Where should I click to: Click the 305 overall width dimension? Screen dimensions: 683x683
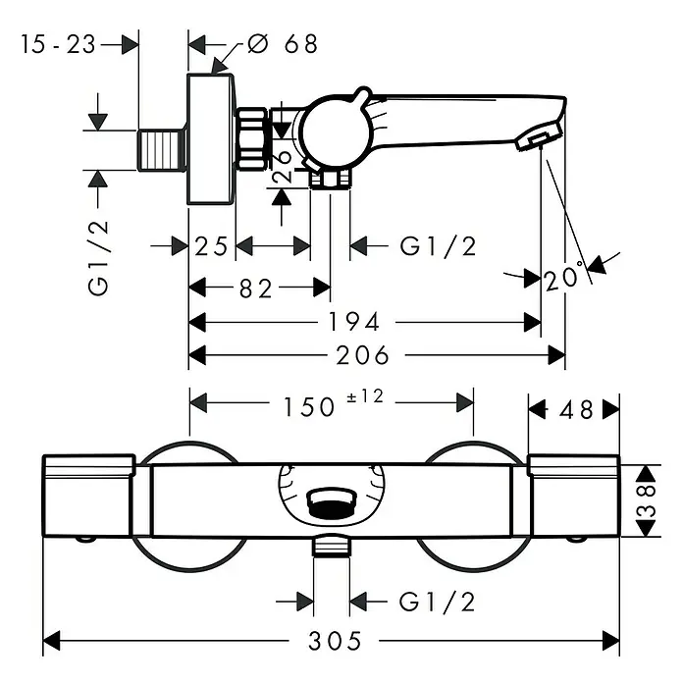coord(335,641)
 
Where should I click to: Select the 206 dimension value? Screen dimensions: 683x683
coord(362,355)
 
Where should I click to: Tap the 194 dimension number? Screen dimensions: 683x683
coord(353,322)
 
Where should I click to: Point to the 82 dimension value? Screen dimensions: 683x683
coord(256,289)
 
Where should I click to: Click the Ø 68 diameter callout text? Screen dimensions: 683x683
coord(283,44)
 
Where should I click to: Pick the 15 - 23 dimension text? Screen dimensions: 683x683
coord(58,44)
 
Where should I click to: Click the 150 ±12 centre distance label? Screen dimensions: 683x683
coord(334,403)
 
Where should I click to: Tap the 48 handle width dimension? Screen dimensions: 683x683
coord(576,409)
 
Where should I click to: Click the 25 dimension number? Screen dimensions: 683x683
coord(211,246)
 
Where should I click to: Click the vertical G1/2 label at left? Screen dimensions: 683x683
coord(98,258)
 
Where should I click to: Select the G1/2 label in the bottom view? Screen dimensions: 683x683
coord(437,602)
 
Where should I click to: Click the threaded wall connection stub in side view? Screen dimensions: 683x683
coord(161,150)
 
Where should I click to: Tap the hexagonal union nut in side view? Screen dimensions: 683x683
coord(251,138)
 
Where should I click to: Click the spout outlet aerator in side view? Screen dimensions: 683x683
coord(540,136)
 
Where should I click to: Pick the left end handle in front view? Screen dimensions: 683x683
coord(89,496)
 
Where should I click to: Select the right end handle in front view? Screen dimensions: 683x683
coord(574,496)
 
